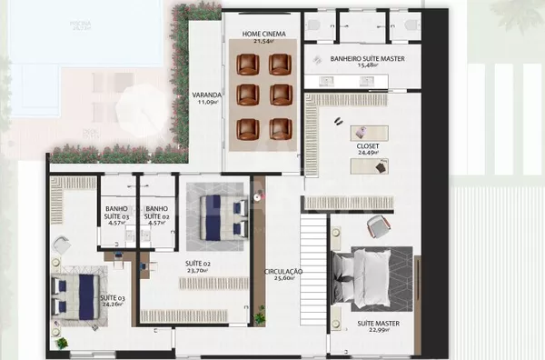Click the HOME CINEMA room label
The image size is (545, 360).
pos(263,34)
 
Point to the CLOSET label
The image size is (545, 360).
pos(368,145)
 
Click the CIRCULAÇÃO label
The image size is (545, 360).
pos(283,272)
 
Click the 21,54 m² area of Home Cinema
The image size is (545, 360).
pos(263,42)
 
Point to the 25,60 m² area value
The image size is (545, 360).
pos(283,280)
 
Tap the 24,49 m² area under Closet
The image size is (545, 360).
pos(368,154)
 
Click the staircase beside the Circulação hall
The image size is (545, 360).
pos(312,273)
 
